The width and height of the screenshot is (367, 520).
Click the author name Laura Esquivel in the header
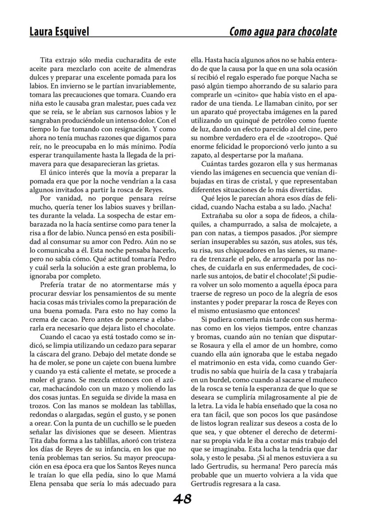(59, 32)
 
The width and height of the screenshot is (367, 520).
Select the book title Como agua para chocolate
(283, 32)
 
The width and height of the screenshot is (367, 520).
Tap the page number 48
(183, 499)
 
